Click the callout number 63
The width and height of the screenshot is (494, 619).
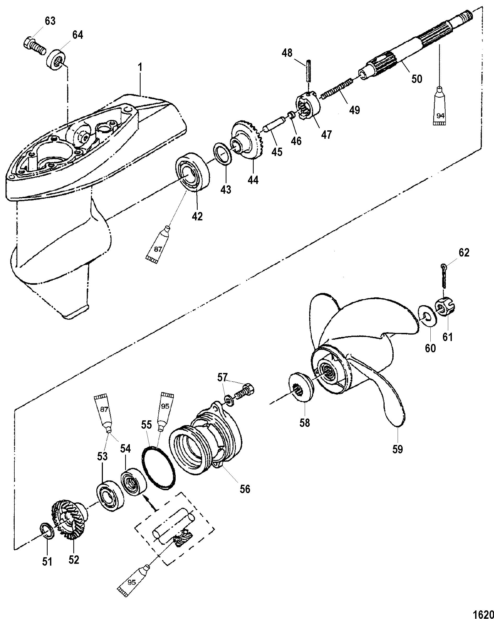tap(50, 21)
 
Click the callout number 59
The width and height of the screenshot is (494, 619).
tap(398, 457)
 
